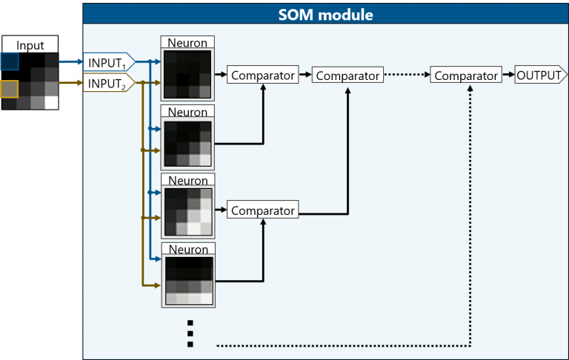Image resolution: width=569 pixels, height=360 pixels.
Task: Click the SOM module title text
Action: tap(325, 14)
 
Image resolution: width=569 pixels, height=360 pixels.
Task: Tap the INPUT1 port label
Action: tap(107, 61)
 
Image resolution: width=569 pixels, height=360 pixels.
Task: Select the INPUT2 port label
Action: tap(107, 84)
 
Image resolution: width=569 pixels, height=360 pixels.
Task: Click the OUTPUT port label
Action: tap(540, 75)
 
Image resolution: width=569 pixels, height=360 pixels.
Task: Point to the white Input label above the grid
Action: tap(30, 45)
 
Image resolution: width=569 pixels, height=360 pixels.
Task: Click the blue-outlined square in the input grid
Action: tap(9, 61)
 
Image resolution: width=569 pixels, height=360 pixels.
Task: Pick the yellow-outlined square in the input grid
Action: tap(9, 89)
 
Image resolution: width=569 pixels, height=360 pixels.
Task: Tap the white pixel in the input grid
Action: tap(51, 103)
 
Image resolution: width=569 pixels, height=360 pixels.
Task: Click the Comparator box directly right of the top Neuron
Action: tap(262, 75)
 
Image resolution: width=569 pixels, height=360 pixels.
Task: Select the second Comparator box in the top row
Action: tap(347, 75)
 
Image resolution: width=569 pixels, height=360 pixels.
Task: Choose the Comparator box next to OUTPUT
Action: tap(466, 75)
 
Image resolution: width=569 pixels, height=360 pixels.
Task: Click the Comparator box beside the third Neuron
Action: tap(262, 210)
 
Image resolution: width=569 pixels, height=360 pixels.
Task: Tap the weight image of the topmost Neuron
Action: tap(187, 73)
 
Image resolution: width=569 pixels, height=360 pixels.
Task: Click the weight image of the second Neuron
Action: tap(187, 143)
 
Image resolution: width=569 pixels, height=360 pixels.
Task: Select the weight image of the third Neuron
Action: tap(187, 211)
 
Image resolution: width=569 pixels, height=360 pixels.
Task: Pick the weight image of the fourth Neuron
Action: tap(187, 281)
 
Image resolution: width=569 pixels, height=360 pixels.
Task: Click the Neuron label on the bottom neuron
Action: tap(187, 250)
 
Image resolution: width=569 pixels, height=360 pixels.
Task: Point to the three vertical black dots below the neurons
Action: tap(190, 333)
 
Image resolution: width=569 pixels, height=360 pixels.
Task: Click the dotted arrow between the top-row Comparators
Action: tap(407, 75)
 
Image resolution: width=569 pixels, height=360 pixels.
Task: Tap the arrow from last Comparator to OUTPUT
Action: tap(508, 75)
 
